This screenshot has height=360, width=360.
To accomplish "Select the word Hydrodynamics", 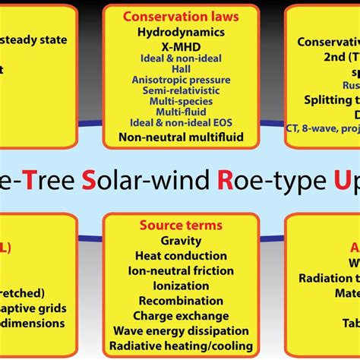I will coord(180,33).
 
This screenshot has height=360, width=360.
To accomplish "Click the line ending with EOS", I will coord(180,124).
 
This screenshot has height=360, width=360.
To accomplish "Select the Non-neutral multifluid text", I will coord(180,137).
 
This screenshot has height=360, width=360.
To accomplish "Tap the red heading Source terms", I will coord(180,226).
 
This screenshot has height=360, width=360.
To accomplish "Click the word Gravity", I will coord(180,241).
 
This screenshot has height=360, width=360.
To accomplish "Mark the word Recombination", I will coord(180,300).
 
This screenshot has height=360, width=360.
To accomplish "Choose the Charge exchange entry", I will coord(180,315).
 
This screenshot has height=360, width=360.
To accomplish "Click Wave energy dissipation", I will coord(180,330).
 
